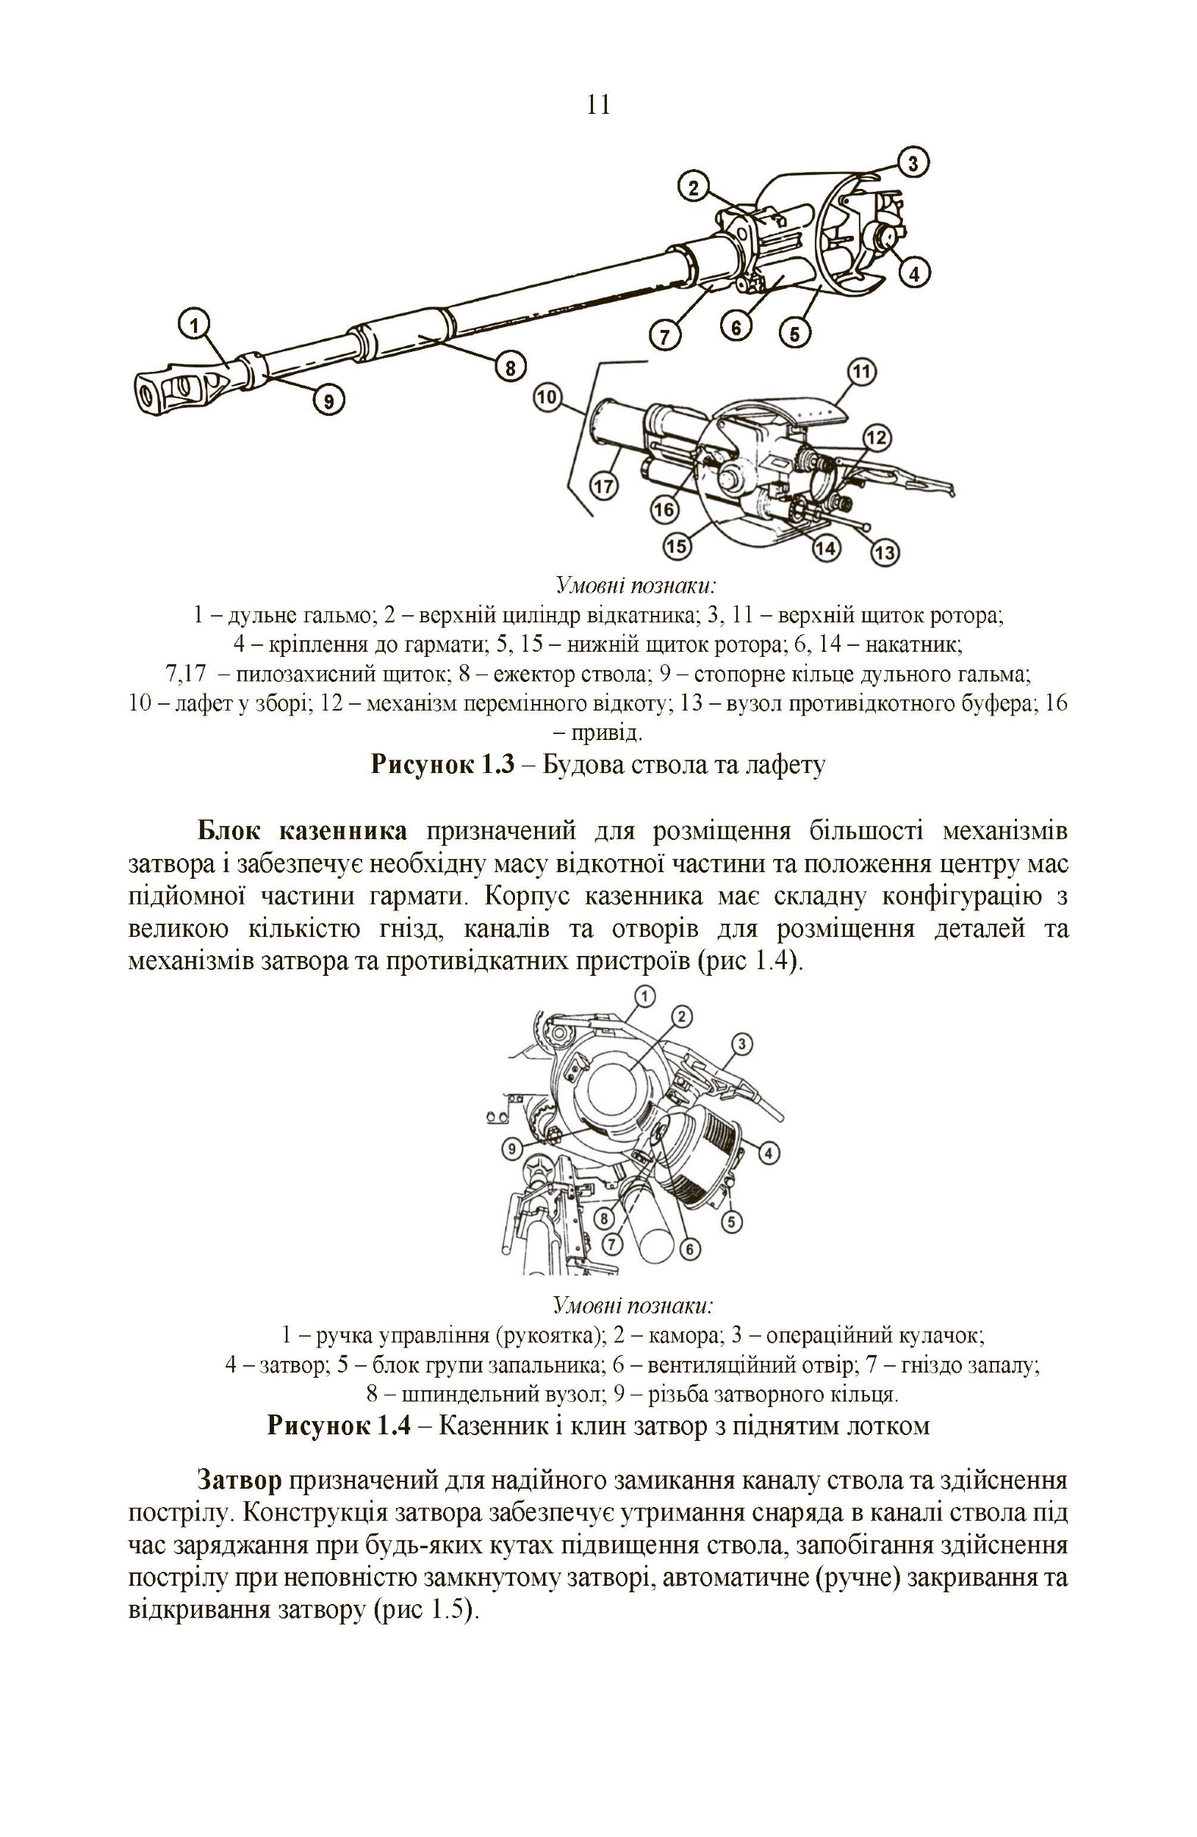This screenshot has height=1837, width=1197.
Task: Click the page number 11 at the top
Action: click(x=599, y=105)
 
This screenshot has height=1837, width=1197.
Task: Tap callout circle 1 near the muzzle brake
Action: click(x=195, y=324)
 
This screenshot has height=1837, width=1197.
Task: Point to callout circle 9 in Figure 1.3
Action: click(x=328, y=400)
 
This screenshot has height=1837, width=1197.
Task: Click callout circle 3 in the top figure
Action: click(x=913, y=163)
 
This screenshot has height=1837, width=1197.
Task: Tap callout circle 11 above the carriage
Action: click(x=862, y=373)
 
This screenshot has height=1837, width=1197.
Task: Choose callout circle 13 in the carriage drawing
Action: click(x=885, y=553)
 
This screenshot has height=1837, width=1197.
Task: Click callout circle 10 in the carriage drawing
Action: click(x=547, y=398)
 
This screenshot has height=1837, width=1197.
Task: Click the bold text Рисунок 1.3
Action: click(x=442, y=764)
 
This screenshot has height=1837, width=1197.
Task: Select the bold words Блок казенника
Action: click(x=303, y=831)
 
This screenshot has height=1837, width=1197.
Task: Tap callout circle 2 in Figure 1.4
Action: click(x=681, y=1016)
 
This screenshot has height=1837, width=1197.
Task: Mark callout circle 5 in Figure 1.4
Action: click(x=731, y=1221)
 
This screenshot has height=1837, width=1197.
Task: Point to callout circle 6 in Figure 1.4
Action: click(x=689, y=1249)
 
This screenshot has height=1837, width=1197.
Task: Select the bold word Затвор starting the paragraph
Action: click(x=240, y=1481)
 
